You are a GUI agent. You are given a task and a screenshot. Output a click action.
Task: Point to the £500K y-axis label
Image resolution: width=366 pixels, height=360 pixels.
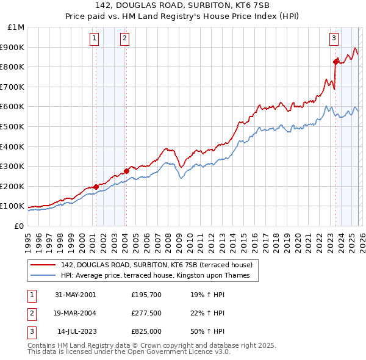tap(14, 127)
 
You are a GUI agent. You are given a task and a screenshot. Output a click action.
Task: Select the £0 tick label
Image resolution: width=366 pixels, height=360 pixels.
tap(19, 226)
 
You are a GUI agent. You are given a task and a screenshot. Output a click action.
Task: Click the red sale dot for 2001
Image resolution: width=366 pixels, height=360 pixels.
tap(96, 187)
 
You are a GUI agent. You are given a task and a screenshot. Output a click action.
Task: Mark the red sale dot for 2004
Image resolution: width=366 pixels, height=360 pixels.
tap(126, 171)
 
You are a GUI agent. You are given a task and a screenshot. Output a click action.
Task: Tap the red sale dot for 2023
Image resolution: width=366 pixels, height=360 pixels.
tap(335, 62)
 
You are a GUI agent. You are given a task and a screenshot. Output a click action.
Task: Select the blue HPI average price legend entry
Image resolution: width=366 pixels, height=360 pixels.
tap(159, 275)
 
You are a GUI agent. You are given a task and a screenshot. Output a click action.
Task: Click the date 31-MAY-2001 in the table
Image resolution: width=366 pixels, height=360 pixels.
tap(75, 294)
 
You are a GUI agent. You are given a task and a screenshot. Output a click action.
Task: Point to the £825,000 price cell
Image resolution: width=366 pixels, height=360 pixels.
tap(146, 332)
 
